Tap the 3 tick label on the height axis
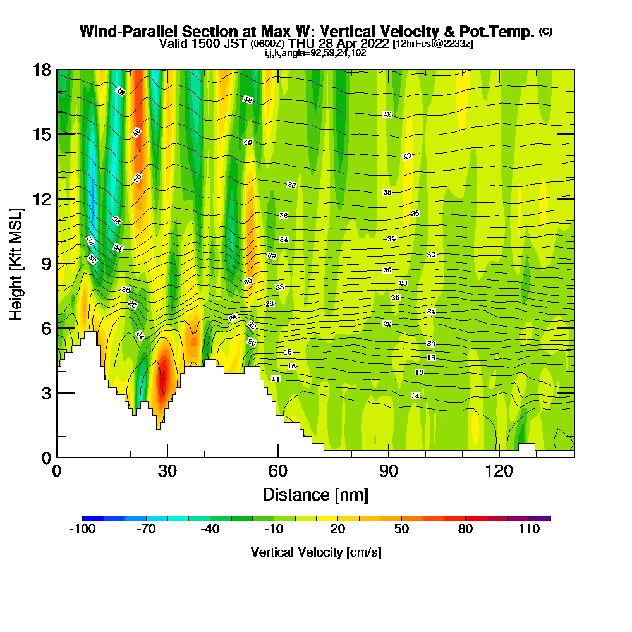45,392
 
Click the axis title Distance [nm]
315,494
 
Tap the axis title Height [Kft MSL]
16,263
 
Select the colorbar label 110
530,530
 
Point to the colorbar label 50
401,530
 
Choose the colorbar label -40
210,530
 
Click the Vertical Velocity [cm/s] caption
316,552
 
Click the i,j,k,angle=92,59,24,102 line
315,52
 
